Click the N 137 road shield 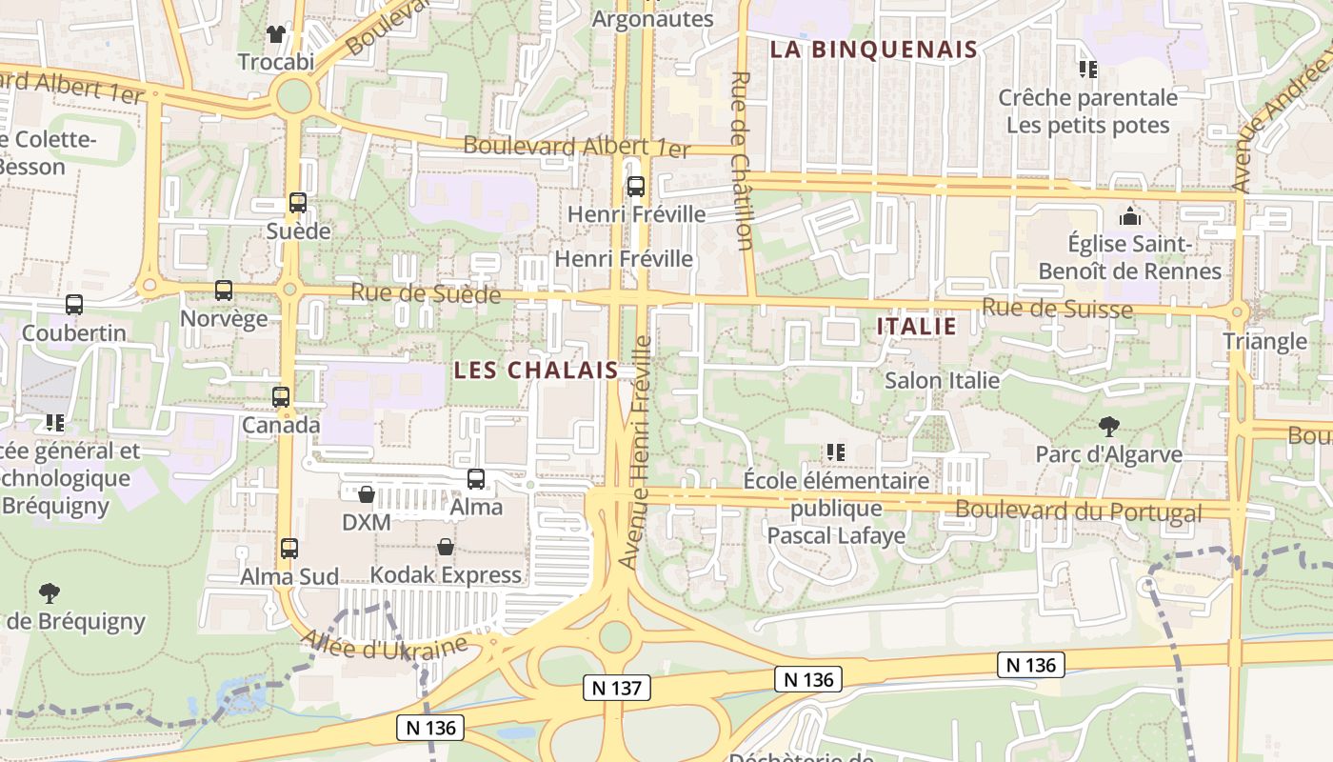(616, 687)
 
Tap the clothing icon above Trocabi (276, 34)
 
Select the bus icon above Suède (298, 202)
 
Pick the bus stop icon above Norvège (224, 291)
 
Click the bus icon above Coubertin (74, 305)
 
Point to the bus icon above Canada (281, 396)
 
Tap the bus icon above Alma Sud (289, 549)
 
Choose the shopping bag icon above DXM (367, 494)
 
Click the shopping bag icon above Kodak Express (446, 547)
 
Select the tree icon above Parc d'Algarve (1108, 426)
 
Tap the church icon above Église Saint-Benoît (1130, 216)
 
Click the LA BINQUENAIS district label (873, 50)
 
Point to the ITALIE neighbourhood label (916, 326)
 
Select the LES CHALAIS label (536, 370)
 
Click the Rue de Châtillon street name (744, 160)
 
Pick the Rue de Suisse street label (1057, 308)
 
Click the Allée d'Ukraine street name (384, 648)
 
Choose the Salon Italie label (942, 380)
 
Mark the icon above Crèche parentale (1088, 69)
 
